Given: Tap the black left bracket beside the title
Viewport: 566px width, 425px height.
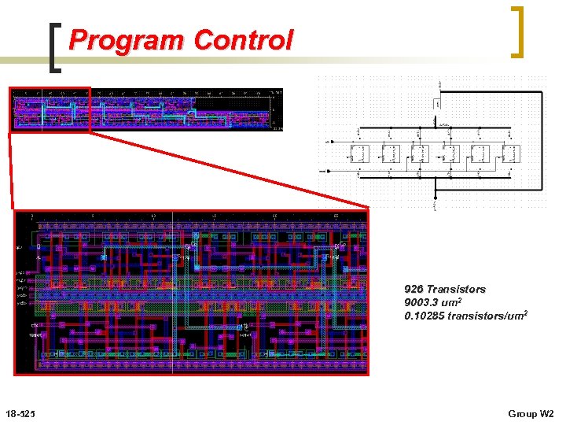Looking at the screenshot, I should pos(54,48).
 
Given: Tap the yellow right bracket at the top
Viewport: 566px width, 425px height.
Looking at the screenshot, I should pos(517,31).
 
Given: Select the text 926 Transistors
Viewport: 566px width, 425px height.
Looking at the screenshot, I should pos(445,290).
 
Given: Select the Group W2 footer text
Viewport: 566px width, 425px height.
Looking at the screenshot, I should pos(531,414).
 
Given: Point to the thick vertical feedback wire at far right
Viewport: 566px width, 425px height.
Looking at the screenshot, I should pos(542,142).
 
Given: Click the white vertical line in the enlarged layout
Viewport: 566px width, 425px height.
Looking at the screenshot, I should pos(172,291).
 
